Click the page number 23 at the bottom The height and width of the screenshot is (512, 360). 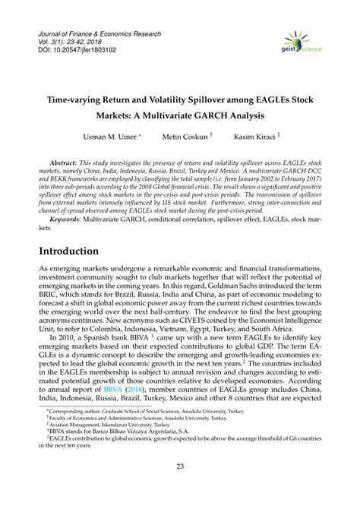pyautogui.click(x=180, y=488)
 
